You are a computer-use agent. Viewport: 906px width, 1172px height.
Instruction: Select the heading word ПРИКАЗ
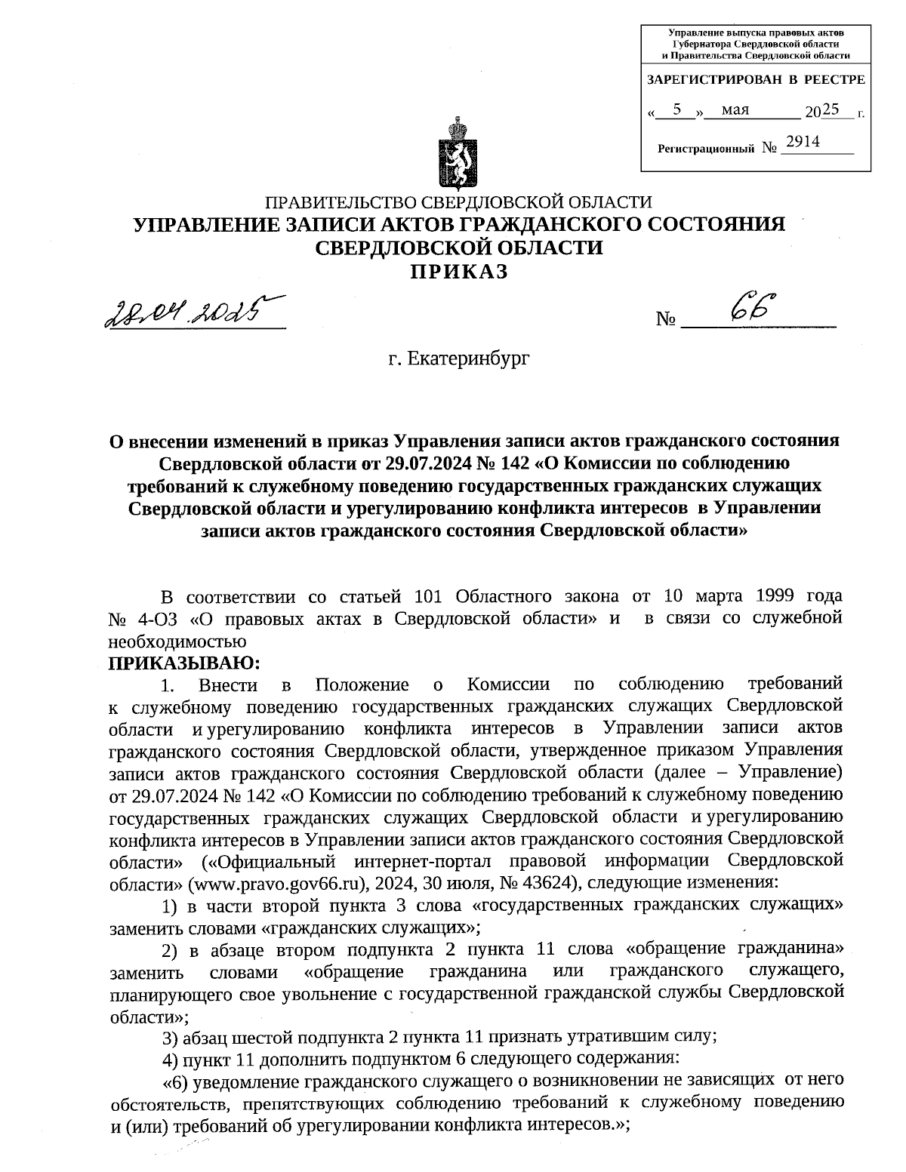pos(458,272)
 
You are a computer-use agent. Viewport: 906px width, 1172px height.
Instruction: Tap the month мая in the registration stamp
pos(735,110)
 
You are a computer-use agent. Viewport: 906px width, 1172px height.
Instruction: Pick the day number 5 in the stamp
pos(677,109)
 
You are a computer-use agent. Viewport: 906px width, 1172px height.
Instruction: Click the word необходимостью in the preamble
pos(178,641)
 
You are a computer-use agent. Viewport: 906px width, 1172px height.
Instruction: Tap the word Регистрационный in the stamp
pos(706,149)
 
